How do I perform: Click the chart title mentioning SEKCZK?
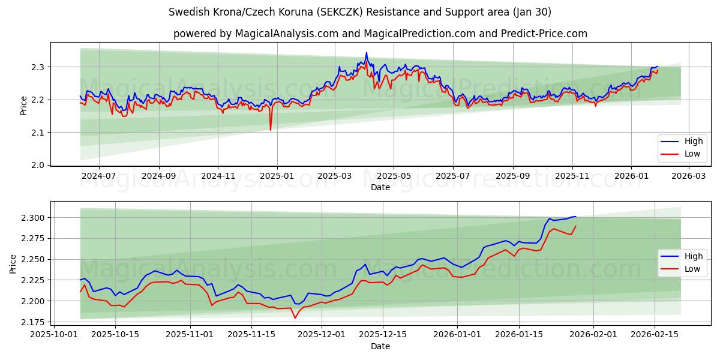[359, 12]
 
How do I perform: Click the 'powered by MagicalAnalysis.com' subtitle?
[380, 34]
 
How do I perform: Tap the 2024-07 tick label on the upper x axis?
[98, 176]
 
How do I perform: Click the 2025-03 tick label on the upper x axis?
[335, 176]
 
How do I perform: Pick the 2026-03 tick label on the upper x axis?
[688, 176]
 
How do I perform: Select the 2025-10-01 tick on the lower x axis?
[55, 334]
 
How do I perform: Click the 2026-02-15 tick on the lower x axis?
[655, 334]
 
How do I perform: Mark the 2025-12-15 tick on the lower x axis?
[383, 334]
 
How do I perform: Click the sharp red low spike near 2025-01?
[270, 130]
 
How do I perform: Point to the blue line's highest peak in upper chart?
[367, 53]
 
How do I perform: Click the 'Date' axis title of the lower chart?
[380, 346]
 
